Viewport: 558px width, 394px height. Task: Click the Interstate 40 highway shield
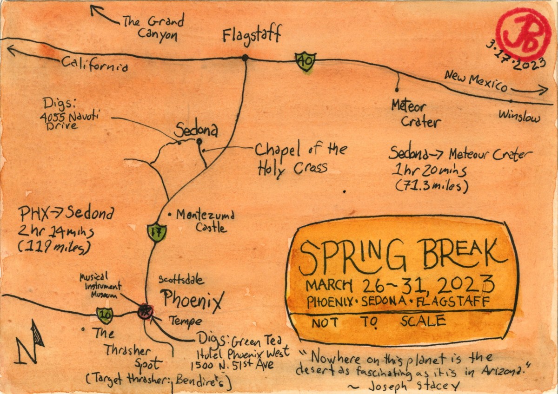click(x=306, y=61)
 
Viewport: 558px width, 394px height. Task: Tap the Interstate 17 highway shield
click(x=155, y=232)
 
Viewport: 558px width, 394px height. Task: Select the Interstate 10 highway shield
click(x=105, y=315)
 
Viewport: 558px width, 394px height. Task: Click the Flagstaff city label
click(x=252, y=35)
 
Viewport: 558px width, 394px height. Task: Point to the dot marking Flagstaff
click(x=245, y=58)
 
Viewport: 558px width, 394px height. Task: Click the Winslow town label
click(x=519, y=116)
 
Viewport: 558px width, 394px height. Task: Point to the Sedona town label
click(x=196, y=131)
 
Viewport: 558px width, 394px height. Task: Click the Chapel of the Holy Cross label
click(x=300, y=158)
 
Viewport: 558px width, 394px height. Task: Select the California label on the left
click(x=94, y=65)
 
